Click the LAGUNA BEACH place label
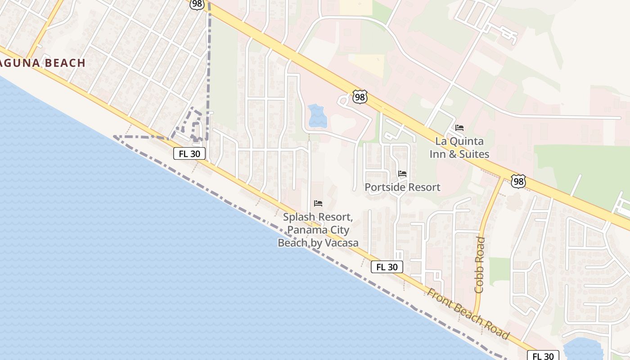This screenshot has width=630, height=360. [x=43, y=63]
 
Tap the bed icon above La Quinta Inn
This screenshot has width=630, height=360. [x=459, y=128]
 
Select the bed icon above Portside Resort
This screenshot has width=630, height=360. [x=402, y=174]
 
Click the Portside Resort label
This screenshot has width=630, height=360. [x=402, y=187]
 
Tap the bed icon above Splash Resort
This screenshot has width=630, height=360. [x=318, y=203]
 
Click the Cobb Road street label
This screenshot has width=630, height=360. [x=480, y=265]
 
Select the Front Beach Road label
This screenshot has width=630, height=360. [x=468, y=314]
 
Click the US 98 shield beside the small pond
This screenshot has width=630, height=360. [x=360, y=97]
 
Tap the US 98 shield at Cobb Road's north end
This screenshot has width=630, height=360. [x=518, y=181]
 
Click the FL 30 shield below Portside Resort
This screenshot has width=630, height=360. [x=387, y=267]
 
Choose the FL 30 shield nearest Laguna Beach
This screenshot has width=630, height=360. [x=189, y=153]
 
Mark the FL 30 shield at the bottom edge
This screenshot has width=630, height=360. [x=543, y=356]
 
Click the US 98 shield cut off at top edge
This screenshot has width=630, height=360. [x=197, y=4]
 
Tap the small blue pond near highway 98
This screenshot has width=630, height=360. [x=318, y=116]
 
